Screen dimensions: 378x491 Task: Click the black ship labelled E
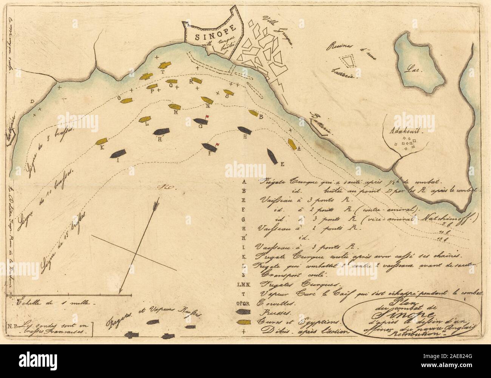(272, 155)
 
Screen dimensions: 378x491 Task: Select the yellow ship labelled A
(292, 144)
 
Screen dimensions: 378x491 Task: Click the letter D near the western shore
(32, 102)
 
